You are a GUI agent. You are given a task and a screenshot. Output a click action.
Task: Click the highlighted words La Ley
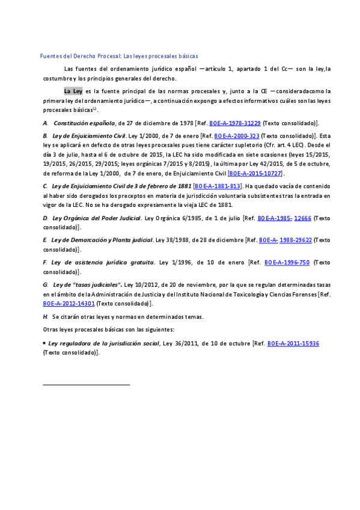point(73,91)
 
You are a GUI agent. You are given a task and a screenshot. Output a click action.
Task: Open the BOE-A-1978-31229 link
point(235,122)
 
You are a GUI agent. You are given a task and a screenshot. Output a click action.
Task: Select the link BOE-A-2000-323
point(237,136)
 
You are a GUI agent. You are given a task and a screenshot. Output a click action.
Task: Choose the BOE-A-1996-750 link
point(287,262)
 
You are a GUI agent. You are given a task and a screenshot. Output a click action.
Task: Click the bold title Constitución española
point(84,122)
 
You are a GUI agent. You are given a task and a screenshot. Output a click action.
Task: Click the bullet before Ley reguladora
point(44,343)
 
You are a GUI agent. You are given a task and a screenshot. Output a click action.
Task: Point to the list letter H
point(46,316)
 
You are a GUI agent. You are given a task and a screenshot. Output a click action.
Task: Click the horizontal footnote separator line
point(87,384)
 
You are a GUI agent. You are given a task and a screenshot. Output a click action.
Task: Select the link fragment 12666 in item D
point(303,218)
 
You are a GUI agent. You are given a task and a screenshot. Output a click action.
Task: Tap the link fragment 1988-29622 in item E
point(296,240)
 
